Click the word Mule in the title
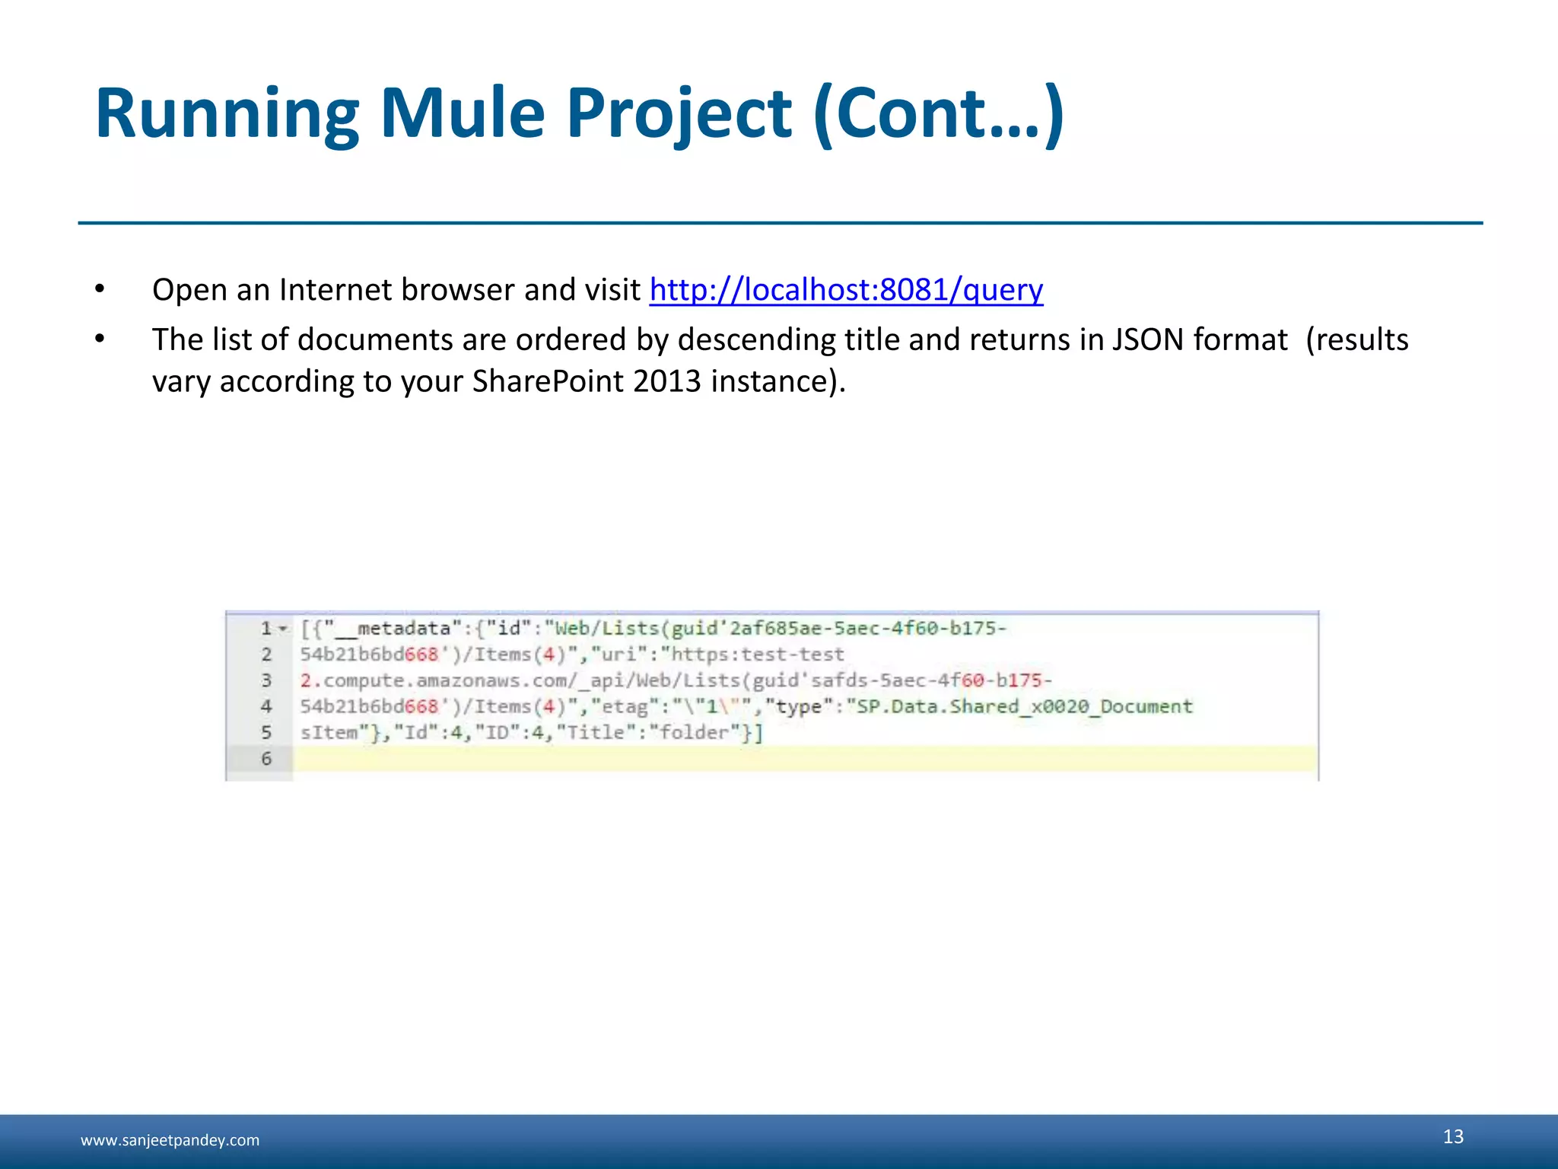point(462,114)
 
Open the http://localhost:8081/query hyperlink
point(846,290)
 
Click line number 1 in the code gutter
point(266,629)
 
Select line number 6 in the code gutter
point(266,759)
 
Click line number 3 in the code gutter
point(266,680)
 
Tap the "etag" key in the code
point(624,707)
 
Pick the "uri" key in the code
point(619,655)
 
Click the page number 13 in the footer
point(1453,1136)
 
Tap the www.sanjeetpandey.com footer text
point(170,1140)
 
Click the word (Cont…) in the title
point(938,114)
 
